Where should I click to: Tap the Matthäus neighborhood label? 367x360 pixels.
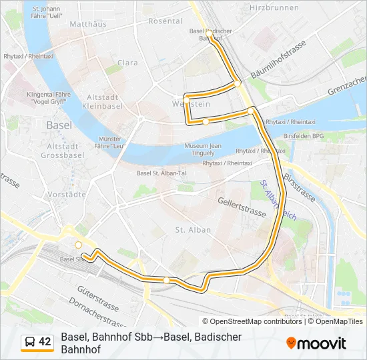click(x=87, y=24)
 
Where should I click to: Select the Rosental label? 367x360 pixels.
click(x=165, y=21)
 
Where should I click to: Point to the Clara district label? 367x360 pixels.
click(x=127, y=63)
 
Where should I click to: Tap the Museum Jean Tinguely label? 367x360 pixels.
click(x=202, y=150)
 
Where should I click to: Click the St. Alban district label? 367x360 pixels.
click(x=193, y=230)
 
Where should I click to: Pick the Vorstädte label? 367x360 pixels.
click(x=67, y=195)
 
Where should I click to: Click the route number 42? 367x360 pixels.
click(x=45, y=342)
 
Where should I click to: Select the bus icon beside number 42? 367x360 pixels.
click(x=30, y=342)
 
